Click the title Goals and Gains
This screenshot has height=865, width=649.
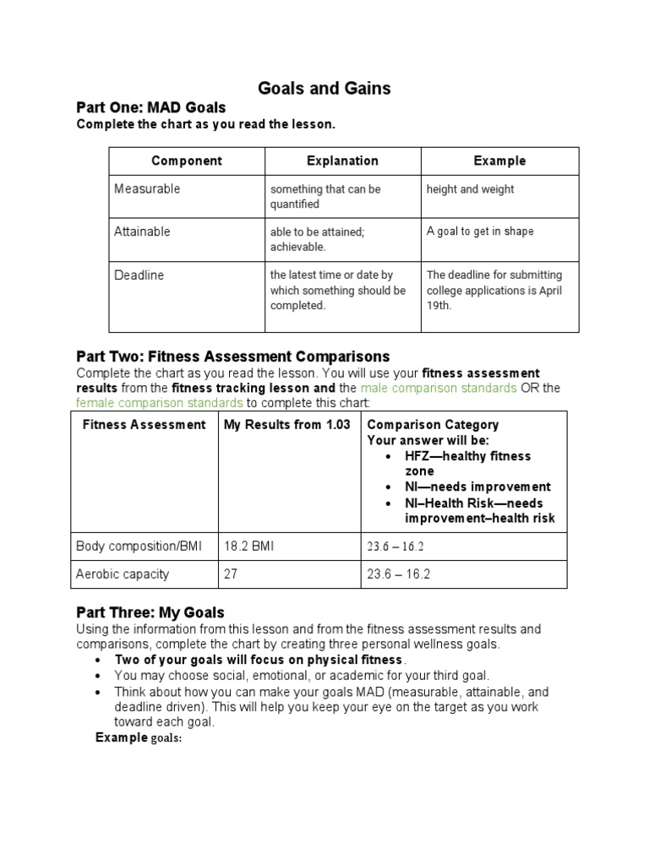click(324, 88)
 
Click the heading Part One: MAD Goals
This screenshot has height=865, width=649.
click(151, 107)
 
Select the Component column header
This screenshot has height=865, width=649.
click(187, 160)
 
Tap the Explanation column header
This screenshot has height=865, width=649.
click(342, 160)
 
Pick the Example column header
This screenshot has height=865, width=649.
click(499, 160)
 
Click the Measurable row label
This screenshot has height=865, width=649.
click(147, 189)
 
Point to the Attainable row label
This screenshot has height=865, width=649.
click(142, 231)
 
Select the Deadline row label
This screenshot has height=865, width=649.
click(139, 275)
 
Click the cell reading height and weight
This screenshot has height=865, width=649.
click(471, 189)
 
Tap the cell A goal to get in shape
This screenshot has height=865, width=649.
click(480, 231)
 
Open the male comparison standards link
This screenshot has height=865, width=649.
click(439, 388)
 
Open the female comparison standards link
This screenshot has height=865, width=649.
click(159, 403)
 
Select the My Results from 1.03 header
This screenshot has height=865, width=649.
click(287, 425)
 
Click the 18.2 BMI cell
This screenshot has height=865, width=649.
click(248, 547)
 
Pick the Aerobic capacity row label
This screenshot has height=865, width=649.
click(123, 574)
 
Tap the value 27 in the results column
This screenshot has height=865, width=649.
click(230, 574)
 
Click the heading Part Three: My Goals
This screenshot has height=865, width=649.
click(150, 612)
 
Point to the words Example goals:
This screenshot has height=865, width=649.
click(139, 737)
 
